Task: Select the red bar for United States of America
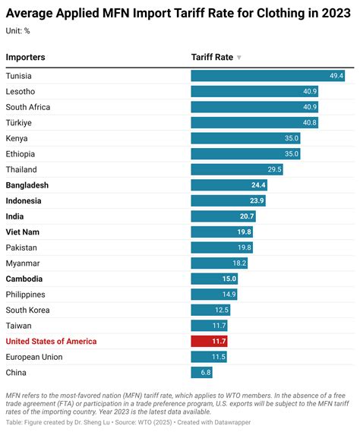pos(209,342)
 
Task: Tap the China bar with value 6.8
pos(201,373)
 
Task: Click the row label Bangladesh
pos(27,185)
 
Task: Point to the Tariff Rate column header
pos(212,57)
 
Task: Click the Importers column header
pos(25,57)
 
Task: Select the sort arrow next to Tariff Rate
pos(239,58)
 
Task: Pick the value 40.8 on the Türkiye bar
pos(309,123)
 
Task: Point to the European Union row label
pos(34,357)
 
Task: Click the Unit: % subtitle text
pos(20,31)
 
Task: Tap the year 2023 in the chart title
pos(328,13)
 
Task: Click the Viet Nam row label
pos(23,232)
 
